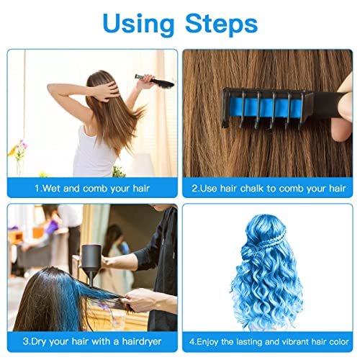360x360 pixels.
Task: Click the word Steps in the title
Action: [x=219, y=24]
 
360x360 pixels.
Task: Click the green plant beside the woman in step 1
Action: [x=118, y=171]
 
